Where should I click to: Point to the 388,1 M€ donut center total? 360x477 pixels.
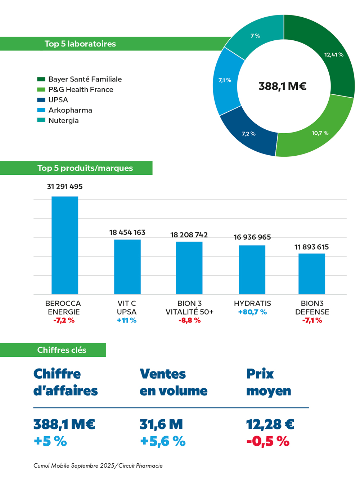point(283,86)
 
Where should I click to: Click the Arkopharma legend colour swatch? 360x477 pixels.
point(41,110)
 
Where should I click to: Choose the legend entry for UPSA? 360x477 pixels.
point(58,100)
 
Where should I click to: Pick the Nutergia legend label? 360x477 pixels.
point(63,120)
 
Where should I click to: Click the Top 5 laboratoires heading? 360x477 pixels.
point(80,44)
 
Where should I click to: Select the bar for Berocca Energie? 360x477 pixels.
point(65,245)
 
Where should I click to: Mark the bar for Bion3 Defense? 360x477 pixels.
point(312,274)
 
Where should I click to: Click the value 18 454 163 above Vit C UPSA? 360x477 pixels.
point(127,232)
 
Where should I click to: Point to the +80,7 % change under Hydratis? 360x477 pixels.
point(252,312)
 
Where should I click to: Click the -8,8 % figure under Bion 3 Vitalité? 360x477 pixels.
point(189,320)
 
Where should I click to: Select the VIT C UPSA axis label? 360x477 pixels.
point(127,307)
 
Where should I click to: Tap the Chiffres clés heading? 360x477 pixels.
point(62,350)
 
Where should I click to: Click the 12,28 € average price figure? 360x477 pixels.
point(270,424)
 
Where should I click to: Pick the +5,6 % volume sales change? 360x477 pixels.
point(163,441)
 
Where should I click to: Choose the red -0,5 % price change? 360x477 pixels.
point(268,441)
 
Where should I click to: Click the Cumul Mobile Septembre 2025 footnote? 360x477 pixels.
point(98,465)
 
